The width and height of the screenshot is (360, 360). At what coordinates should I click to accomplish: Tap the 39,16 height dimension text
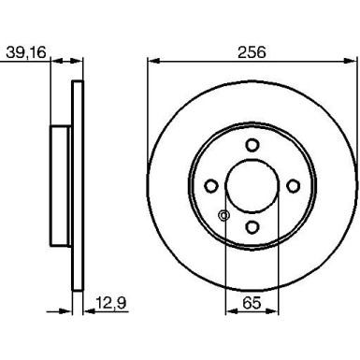(x=28, y=52)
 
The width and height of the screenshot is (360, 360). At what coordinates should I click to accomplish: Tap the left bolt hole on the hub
(x=211, y=184)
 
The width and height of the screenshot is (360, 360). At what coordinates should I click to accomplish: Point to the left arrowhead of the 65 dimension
(x=229, y=311)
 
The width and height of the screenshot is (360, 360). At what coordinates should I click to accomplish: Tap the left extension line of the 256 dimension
(x=148, y=112)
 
